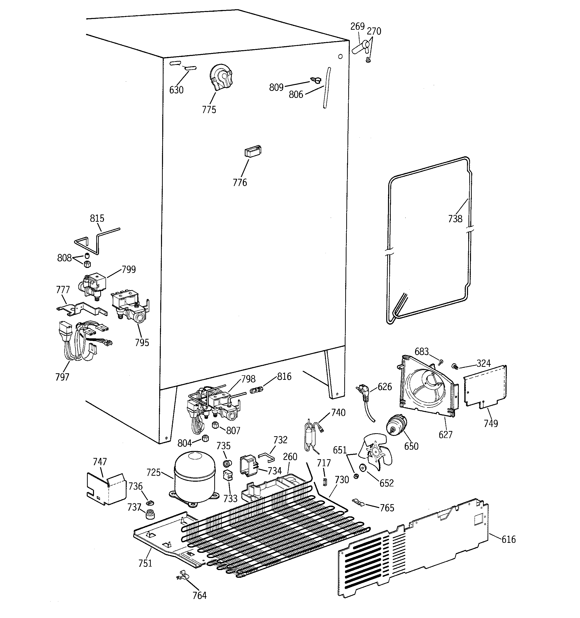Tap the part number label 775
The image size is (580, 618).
(209, 110)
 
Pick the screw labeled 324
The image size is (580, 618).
(454, 367)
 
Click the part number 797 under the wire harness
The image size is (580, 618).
(62, 377)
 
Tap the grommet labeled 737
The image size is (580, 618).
(150, 514)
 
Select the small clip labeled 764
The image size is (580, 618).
(183, 575)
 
